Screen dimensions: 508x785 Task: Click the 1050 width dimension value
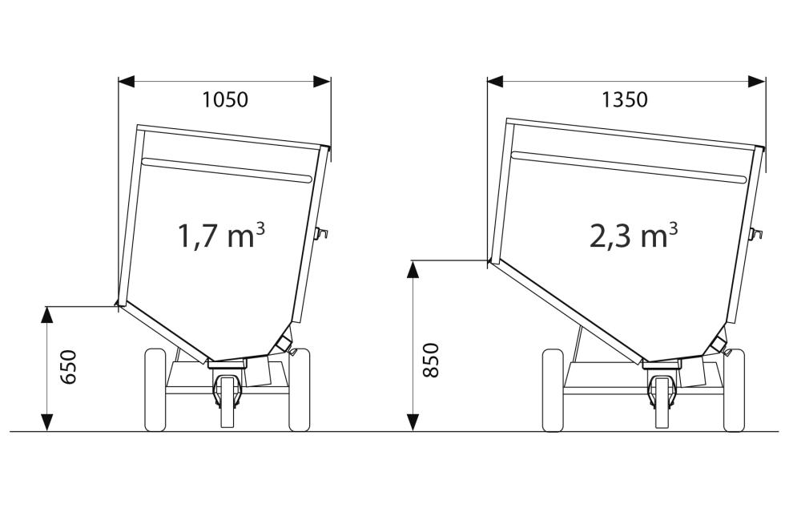click(x=225, y=100)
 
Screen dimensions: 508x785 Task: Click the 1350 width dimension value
click(x=625, y=100)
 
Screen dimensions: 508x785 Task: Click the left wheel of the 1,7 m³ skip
click(x=155, y=389)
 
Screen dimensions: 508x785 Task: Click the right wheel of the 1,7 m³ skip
click(x=299, y=389)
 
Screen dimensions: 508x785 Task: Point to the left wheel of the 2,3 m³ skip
click(x=553, y=389)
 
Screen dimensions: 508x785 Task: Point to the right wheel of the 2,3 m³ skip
click(x=734, y=389)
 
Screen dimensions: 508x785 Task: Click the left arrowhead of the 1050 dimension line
click(x=127, y=81)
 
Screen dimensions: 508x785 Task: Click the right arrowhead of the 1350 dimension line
click(x=757, y=81)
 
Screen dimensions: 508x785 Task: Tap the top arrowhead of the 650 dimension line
click(x=47, y=314)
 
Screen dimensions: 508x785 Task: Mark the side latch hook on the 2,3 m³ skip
click(x=755, y=233)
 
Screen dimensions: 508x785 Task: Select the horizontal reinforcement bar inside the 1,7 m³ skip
click(x=226, y=169)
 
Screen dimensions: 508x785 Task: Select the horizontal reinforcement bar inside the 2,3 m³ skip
click(x=629, y=166)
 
